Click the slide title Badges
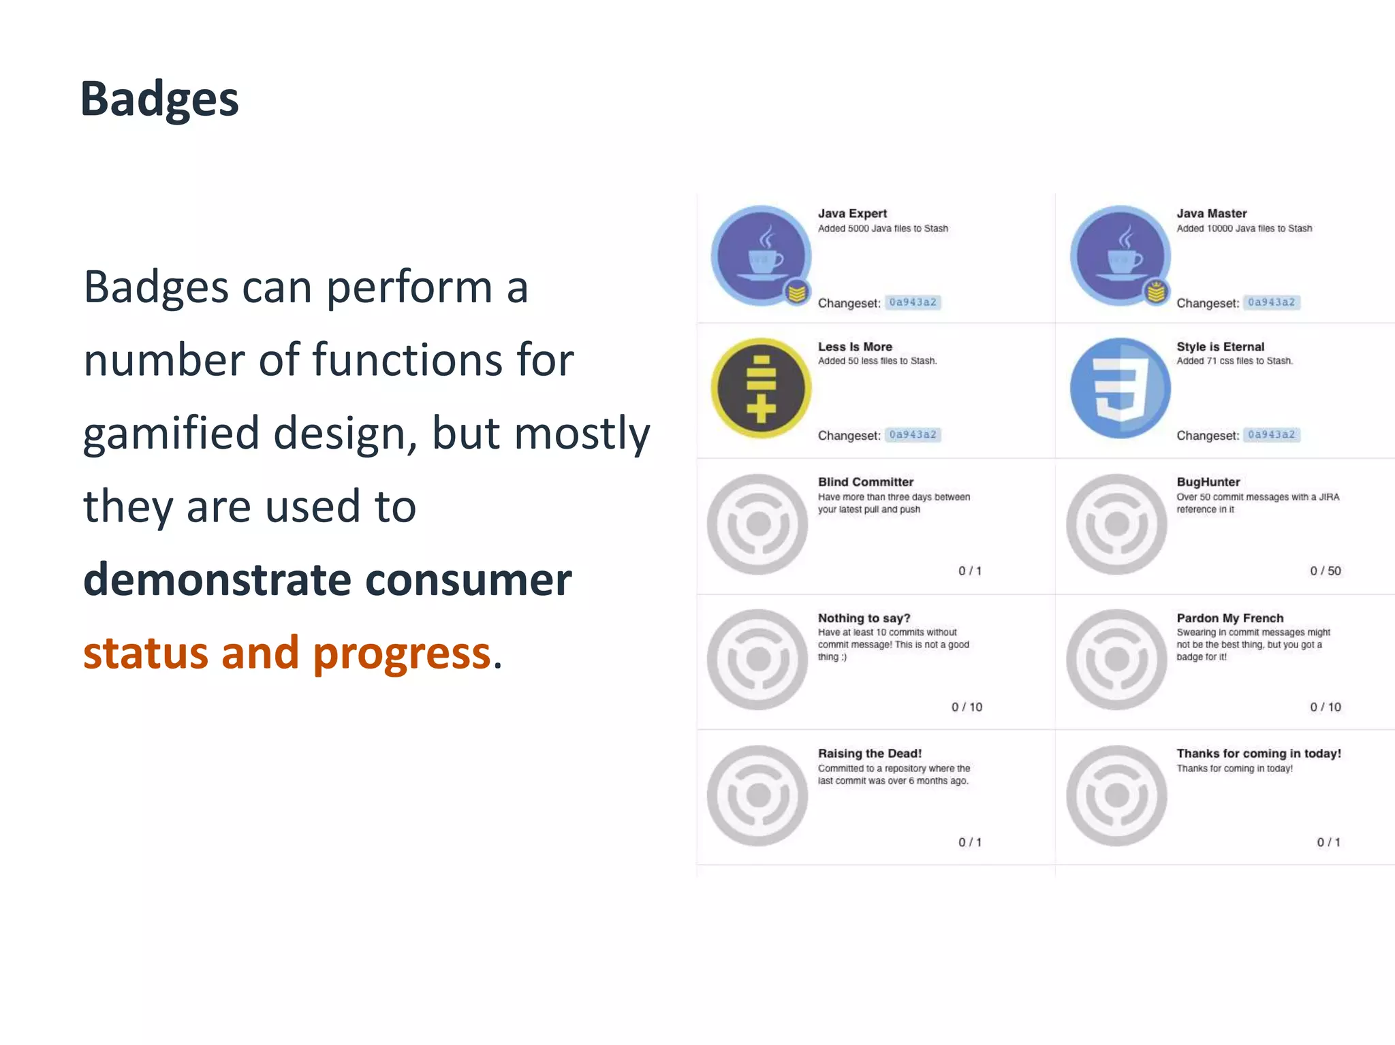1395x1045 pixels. [x=159, y=99]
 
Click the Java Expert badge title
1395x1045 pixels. [x=852, y=213]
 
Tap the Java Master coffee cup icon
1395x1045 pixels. [x=1120, y=256]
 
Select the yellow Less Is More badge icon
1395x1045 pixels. [x=761, y=388]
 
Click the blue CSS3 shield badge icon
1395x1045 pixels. [x=1120, y=388]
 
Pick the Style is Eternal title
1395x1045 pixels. [x=1220, y=347]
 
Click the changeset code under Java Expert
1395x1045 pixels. [x=913, y=302]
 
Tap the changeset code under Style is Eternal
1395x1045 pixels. [x=1271, y=434]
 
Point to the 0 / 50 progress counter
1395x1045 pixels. [x=1325, y=570]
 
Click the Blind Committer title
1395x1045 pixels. [x=865, y=482]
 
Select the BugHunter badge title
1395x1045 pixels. [x=1208, y=482]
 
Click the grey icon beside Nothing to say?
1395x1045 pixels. [x=757, y=659]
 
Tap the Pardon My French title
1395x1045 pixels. [x=1229, y=618]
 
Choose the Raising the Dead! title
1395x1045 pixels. [x=869, y=753]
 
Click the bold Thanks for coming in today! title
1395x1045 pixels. [x=1258, y=753]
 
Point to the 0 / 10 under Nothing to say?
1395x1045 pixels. [x=967, y=707]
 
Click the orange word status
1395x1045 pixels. [x=145, y=653]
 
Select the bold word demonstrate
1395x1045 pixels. [x=217, y=579]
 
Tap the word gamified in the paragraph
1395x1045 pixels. [x=171, y=434]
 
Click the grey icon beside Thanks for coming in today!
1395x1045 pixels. [x=1116, y=795]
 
